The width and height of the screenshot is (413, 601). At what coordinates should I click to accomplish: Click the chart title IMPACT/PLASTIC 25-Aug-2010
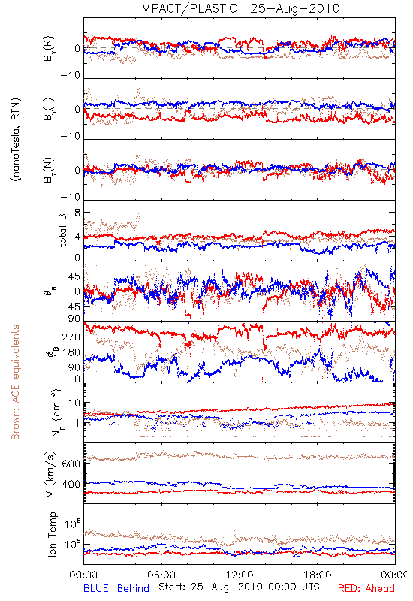239,8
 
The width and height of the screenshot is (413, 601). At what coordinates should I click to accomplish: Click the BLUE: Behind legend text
116,588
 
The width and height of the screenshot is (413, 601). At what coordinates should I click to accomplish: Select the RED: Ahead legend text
366,588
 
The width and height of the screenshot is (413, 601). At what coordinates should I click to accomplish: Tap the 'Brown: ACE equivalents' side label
15,382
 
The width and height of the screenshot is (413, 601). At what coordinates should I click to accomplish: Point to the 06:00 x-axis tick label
161,575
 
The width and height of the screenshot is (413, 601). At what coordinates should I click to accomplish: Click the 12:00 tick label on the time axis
240,575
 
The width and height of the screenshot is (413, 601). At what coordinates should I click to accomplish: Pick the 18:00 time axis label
318,575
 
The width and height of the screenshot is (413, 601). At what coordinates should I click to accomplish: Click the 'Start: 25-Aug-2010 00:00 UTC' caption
239,587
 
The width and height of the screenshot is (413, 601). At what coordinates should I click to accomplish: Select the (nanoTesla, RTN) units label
16,140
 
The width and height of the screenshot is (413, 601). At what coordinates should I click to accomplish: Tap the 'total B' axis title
62,231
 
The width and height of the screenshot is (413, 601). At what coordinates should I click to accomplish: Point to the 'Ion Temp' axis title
52,534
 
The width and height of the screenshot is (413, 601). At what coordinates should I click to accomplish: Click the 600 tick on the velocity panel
71,464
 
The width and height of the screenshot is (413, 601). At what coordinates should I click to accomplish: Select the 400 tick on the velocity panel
71,484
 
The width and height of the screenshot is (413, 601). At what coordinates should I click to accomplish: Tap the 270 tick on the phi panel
71,337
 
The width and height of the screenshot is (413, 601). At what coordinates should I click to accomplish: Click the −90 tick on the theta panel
70,319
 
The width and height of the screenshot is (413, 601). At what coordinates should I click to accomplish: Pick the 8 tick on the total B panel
77,213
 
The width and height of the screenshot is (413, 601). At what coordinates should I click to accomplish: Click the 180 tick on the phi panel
71,352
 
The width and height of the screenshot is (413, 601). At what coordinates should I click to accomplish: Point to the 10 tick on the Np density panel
74,403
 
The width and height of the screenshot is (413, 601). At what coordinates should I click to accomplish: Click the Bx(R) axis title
49,49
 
